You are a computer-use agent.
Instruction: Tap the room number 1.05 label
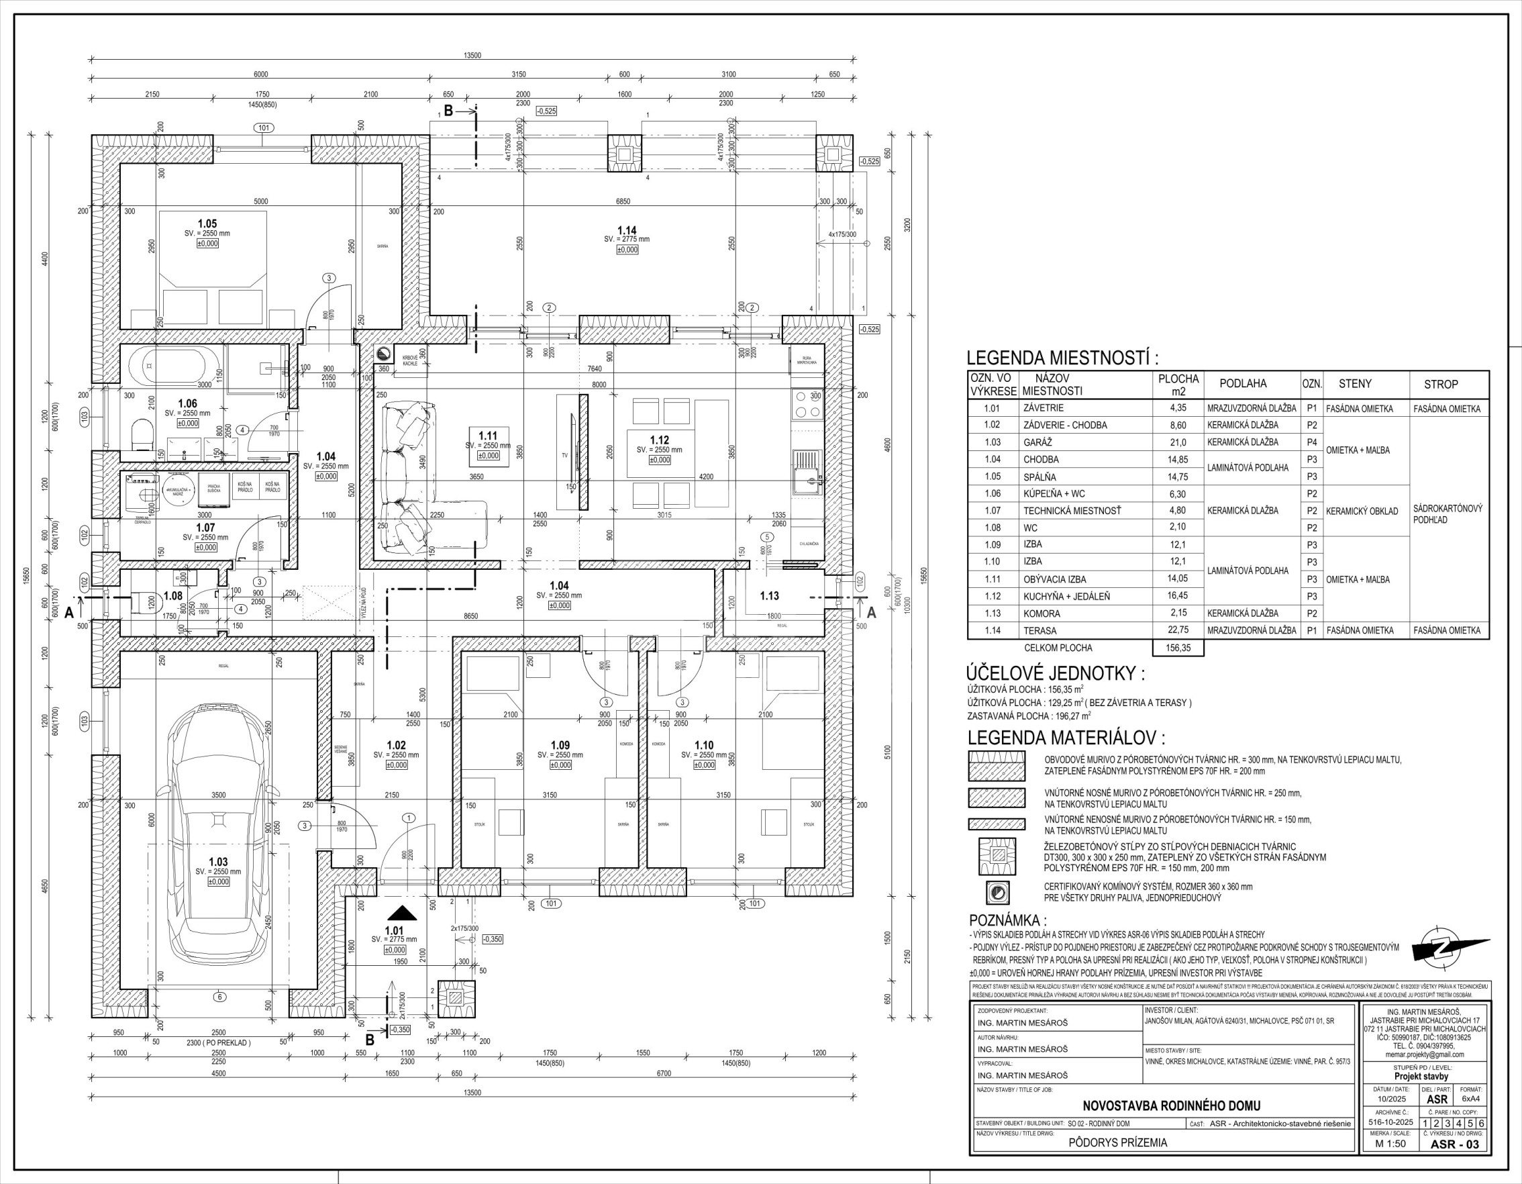tap(207, 224)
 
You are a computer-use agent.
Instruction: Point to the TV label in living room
tap(565, 455)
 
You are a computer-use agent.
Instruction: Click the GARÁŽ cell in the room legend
tap(1037, 442)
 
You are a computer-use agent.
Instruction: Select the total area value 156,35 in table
tap(1178, 648)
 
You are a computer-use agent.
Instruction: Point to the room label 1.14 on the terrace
tap(627, 231)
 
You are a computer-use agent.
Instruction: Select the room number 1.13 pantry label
tap(769, 596)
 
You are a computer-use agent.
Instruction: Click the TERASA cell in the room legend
tap(1039, 631)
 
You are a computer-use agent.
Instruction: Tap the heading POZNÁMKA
tap(1008, 921)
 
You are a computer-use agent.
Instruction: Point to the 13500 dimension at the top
tap(472, 56)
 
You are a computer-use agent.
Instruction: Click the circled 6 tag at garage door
tap(219, 997)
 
